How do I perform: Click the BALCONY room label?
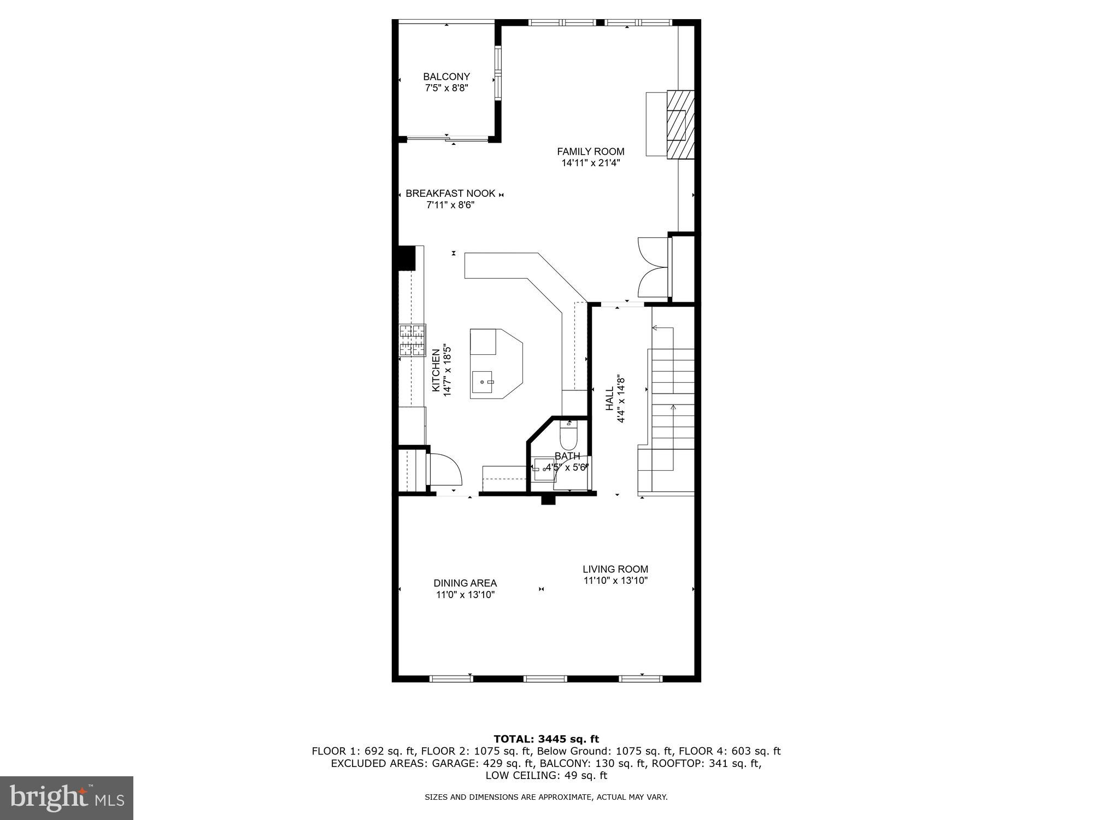(x=446, y=77)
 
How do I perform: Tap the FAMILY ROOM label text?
(x=590, y=151)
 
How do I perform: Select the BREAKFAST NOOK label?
(x=450, y=194)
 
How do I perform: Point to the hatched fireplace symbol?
(x=680, y=125)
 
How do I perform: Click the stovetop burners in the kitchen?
(x=413, y=340)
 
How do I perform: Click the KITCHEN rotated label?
(x=436, y=370)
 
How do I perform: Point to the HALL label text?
(x=609, y=399)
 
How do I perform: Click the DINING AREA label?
(x=465, y=583)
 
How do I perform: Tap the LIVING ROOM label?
(x=615, y=569)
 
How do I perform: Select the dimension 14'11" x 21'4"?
(x=590, y=163)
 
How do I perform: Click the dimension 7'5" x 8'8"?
(x=446, y=88)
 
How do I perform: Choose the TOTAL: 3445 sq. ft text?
(x=546, y=739)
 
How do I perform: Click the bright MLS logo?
(x=67, y=798)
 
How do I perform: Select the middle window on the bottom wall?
(x=545, y=678)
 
